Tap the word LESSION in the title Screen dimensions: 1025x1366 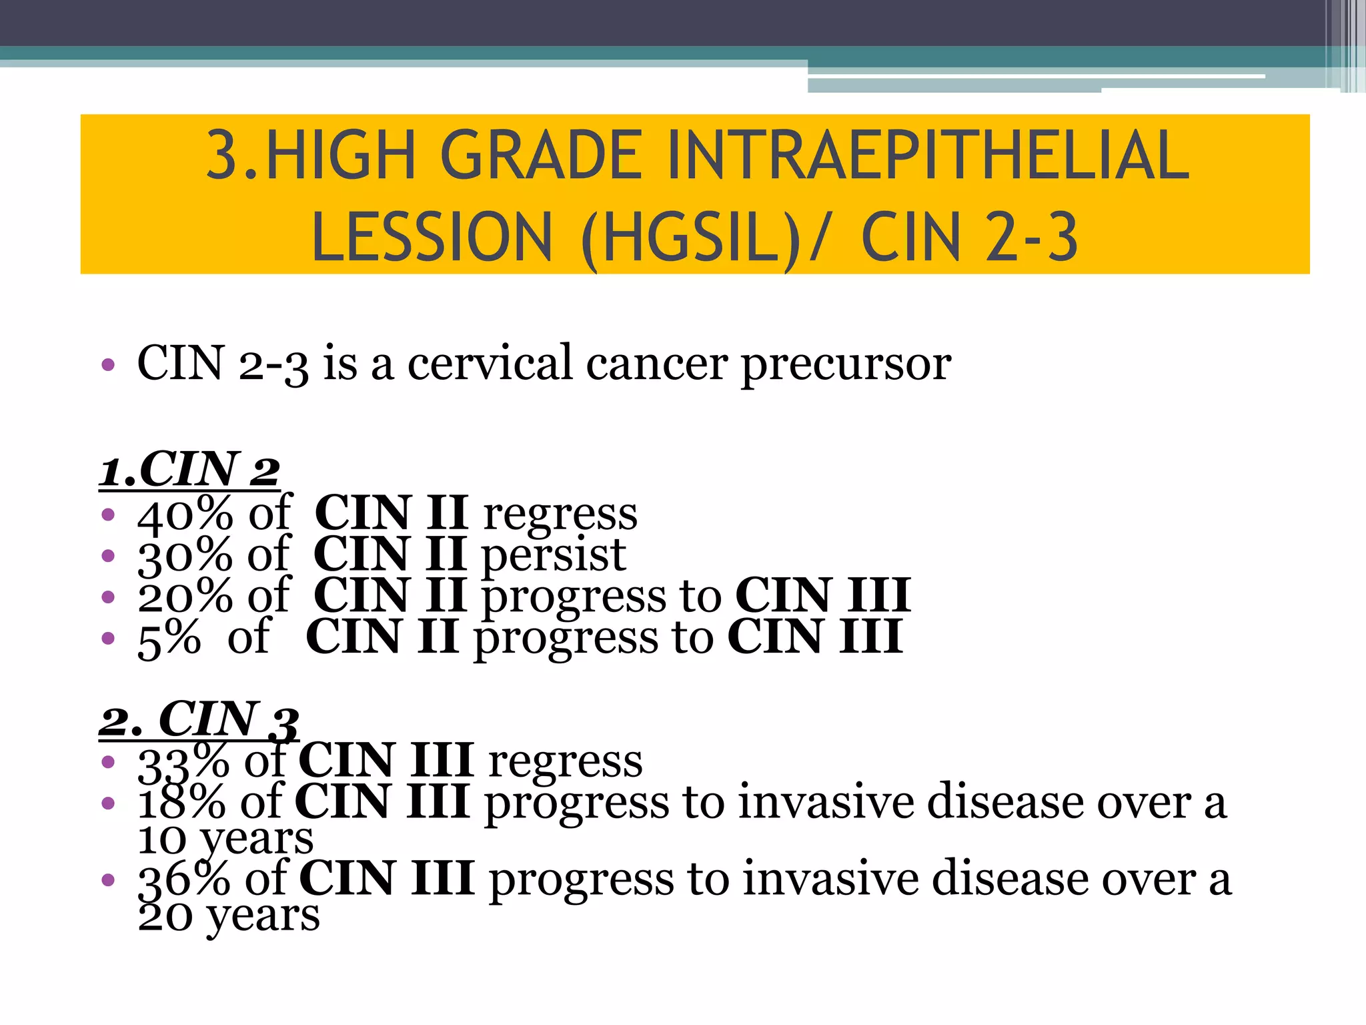point(432,237)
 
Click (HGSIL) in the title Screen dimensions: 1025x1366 point(690,237)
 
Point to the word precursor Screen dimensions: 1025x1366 point(846,364)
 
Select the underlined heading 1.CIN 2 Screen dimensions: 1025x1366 point(189,470)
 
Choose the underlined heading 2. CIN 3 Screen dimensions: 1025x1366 point(199,719)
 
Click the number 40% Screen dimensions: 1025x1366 point(185,515)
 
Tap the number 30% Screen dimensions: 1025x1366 point(185,555)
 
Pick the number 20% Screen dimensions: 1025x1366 point(185,596)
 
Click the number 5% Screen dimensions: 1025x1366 point(169,638)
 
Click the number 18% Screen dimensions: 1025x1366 point(181,802)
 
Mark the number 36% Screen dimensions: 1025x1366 point(184,879)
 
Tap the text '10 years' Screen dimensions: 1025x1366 point(225,839)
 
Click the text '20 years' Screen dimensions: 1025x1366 point(229,916)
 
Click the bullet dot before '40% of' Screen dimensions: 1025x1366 point(108,515)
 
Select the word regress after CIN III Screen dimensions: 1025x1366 point(565,761)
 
